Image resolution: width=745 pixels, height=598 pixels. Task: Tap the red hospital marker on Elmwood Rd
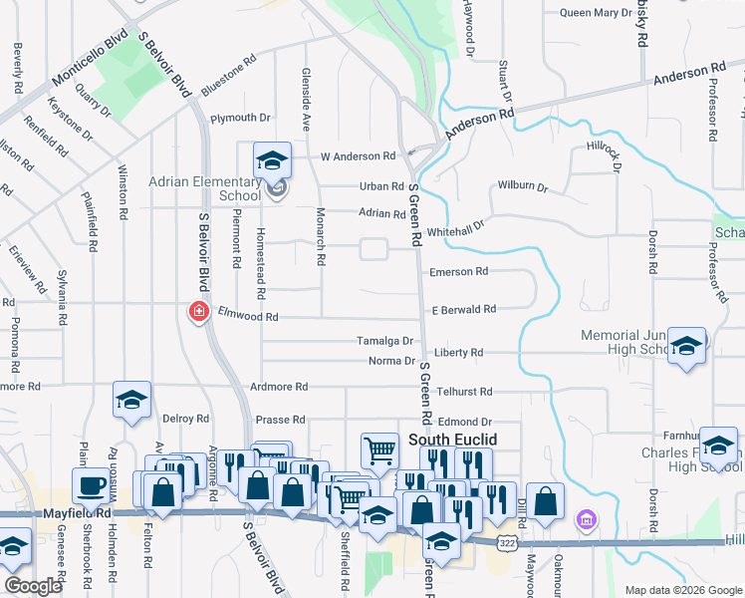point(199,312)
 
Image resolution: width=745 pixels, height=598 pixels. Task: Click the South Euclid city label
point(452,440)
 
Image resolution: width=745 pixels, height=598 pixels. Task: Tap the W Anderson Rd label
point(358,156)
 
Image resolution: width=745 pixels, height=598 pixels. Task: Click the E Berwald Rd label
point(463,310)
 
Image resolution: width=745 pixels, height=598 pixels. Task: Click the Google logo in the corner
point(33,586)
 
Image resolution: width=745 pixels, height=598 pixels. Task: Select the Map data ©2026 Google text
point(683,590)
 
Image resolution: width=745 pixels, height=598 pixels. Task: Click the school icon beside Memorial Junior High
point(686,346)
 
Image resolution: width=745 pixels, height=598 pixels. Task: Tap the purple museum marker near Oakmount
point(586,519)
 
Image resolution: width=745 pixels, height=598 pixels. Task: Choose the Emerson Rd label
point(458,271)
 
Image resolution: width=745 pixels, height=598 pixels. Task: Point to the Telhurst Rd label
point(466,393)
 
